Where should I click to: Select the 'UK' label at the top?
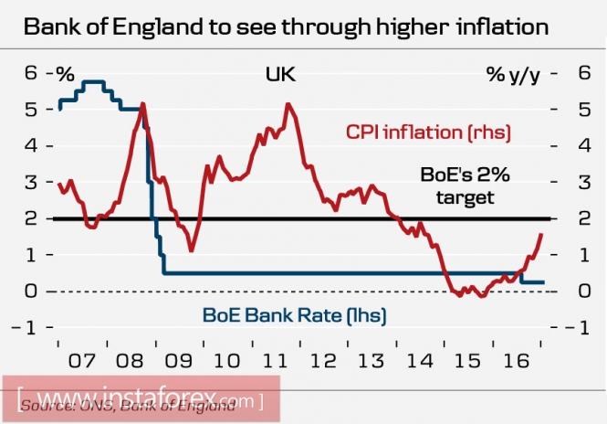(282, 72)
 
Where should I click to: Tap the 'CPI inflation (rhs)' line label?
(426, 133)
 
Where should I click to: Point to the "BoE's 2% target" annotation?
(456, 185)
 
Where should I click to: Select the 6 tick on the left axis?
(29, 72)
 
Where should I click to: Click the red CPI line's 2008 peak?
(142, 104)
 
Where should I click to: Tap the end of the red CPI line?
(542, 234)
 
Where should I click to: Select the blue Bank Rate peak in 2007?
(95, 82)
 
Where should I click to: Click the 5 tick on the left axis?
(29, 109)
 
